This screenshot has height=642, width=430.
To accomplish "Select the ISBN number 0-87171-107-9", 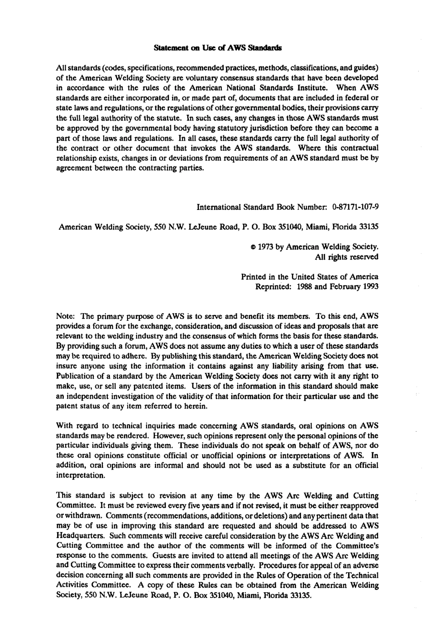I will (355, 207).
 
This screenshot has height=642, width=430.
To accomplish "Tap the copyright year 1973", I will (266, 247).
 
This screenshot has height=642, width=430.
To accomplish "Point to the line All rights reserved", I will (346, 257).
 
